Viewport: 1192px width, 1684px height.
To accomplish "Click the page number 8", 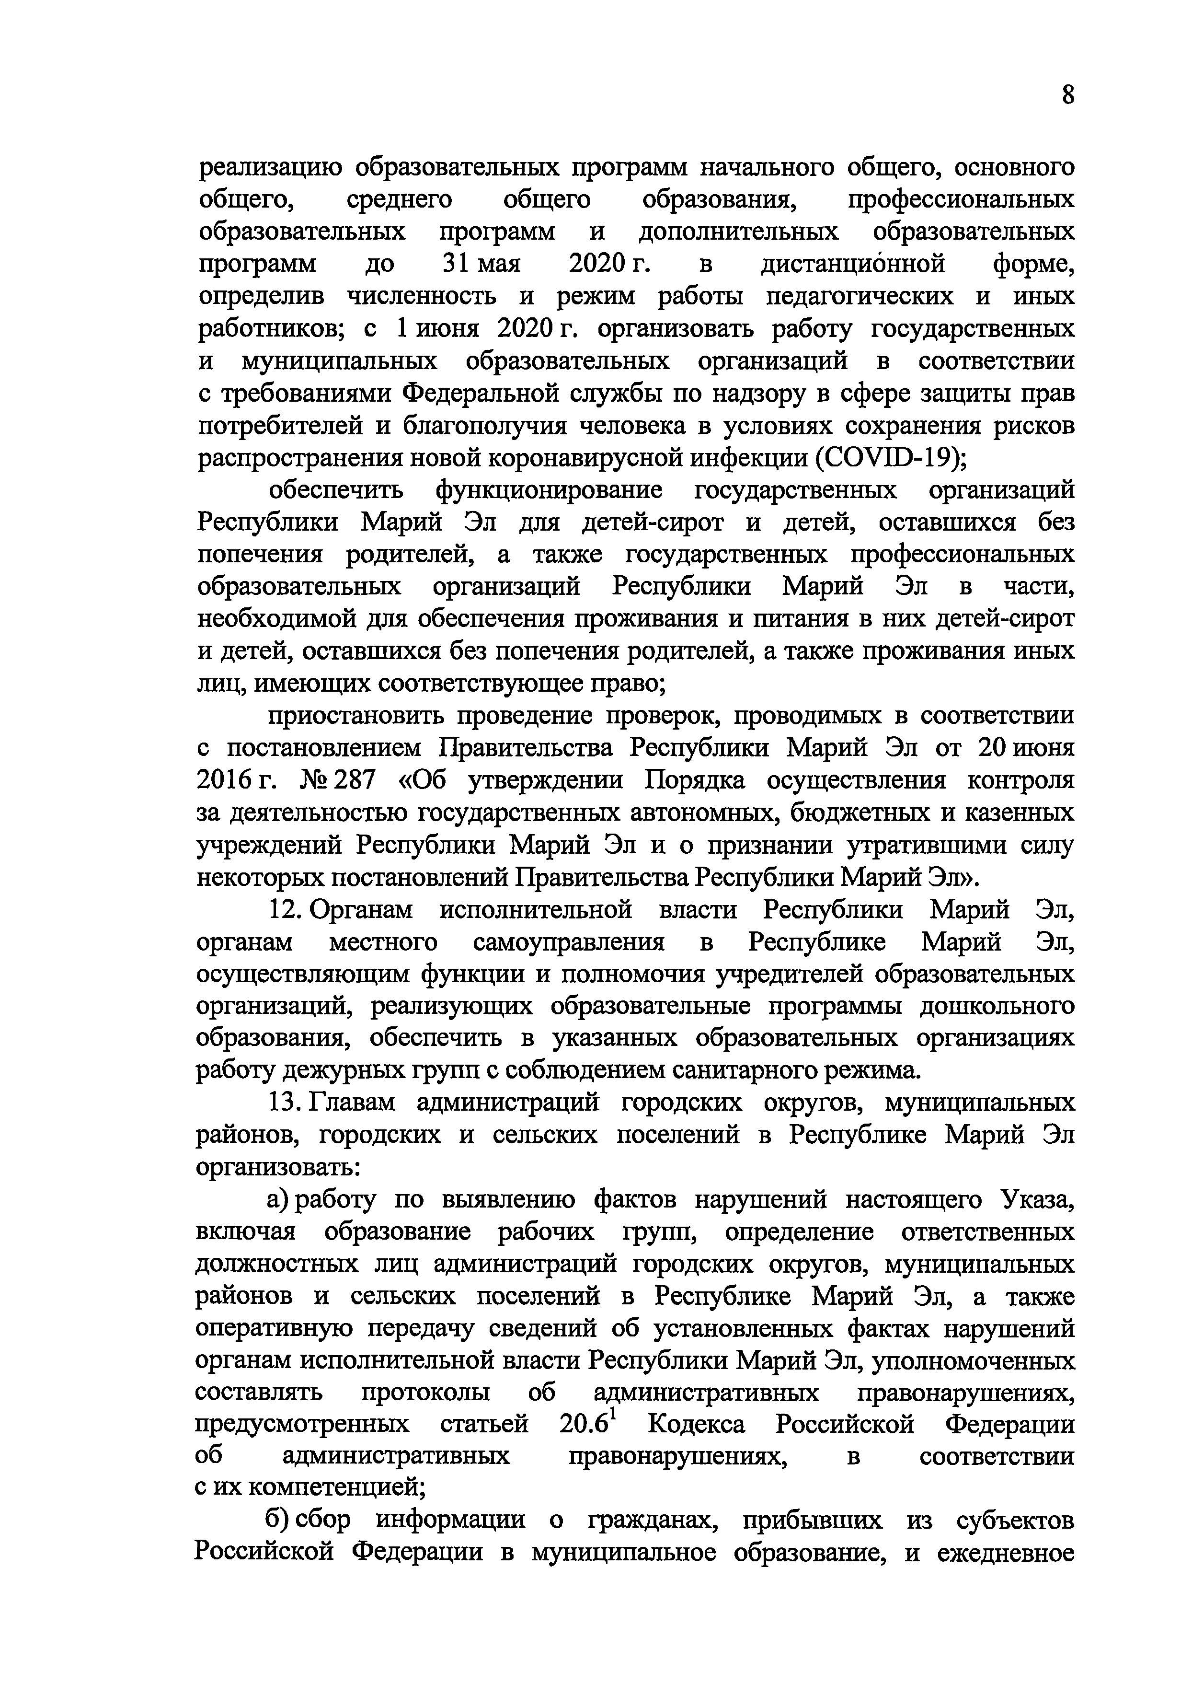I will click(x=1067, y=95).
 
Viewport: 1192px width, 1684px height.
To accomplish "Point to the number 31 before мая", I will click(x=455, y=264).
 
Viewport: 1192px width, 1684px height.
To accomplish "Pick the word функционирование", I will click(x=548, y=490).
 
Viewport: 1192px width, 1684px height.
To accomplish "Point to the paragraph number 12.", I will click(x=283, y=911).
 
